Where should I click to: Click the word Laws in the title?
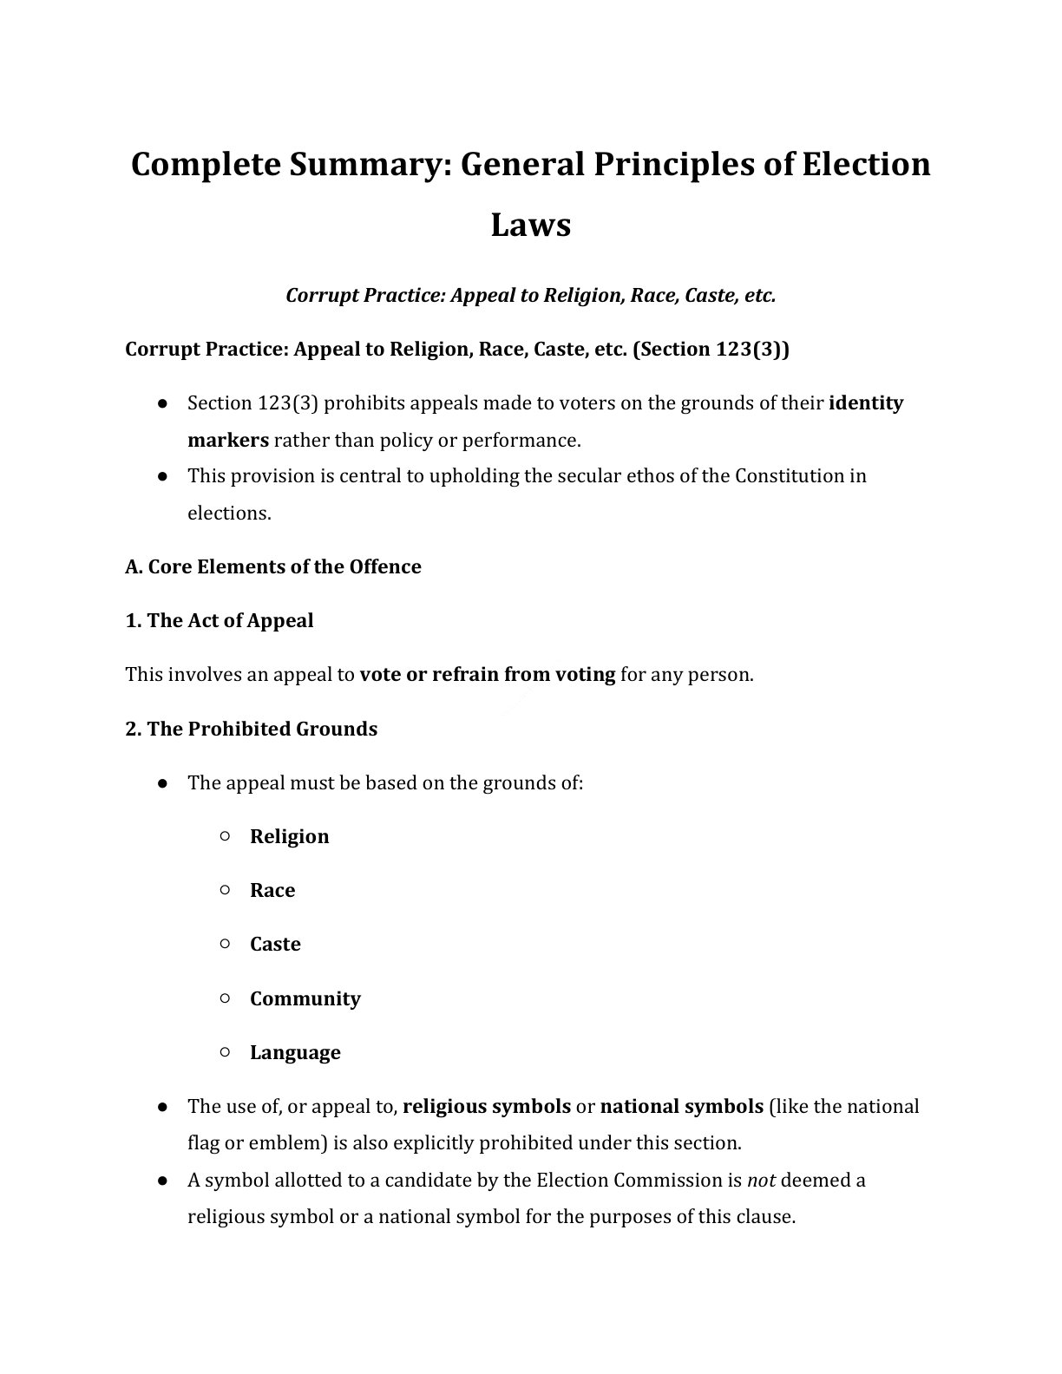530,225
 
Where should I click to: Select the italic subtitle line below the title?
530,296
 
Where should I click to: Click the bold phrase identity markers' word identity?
866,403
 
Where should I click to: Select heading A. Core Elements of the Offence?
273,567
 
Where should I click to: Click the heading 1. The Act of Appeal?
220,621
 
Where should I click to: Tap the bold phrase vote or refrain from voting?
487,675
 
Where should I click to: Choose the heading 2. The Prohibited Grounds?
252,729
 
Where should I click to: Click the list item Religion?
289,837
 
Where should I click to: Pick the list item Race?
272,891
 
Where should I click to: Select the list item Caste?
275,945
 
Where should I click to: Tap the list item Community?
305,999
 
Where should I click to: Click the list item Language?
295,1053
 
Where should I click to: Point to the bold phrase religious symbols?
487,1107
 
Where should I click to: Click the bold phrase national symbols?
681,1107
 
